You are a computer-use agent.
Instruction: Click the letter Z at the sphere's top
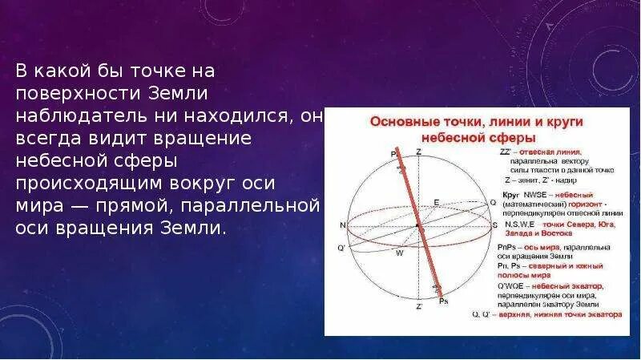[x=418, y=152]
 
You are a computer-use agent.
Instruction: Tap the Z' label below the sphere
[x=418, y=306]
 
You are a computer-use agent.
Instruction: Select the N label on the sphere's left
[x=342, y=225]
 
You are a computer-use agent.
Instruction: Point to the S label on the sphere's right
[x=494, y=225]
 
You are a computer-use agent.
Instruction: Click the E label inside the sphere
[x=436, y=201]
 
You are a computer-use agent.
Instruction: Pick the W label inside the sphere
[x=400, y=252]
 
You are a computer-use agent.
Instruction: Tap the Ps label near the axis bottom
[x=444, y=301]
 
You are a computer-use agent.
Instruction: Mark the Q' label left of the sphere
[x=341, y=248]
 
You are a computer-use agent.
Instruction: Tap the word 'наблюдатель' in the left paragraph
[x=65, y=115]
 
